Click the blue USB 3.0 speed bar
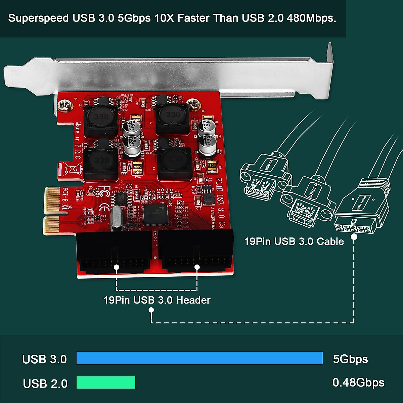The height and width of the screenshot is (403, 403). coord(199,358)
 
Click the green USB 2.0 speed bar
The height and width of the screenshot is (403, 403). coord(106,383)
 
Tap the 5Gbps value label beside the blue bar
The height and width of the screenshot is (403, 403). coord(350,359)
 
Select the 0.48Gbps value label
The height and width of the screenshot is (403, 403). coord(358,383)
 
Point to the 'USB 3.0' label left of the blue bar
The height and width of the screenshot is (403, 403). coord(44,359)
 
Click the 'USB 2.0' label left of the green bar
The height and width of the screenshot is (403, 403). coord(45,383)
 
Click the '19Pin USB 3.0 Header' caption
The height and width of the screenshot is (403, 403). coord(157,300)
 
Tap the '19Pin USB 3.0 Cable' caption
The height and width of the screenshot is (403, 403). coord(294,241)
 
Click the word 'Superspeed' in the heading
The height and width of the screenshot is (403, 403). coord(39,18)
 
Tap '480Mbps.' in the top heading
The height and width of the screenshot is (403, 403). coord(311,18)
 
